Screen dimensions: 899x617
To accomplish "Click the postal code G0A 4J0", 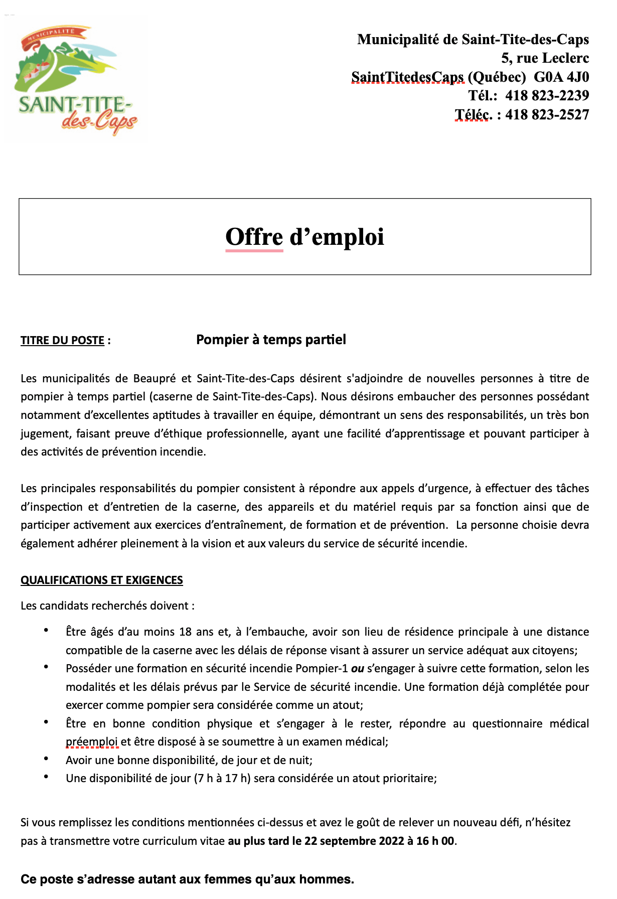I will click(x=561, y=77).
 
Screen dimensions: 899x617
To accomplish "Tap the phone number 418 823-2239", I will click(x=547, y=95).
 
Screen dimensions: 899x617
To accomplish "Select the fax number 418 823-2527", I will click(x=547, y=114).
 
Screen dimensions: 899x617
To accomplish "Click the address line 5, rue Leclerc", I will click(x=545, y=58).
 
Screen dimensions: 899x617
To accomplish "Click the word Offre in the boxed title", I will click(x=254, y=237).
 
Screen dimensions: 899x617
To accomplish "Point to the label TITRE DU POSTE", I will click(x=62, y=340).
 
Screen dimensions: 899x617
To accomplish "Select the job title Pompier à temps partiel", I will click(x=271, y=340).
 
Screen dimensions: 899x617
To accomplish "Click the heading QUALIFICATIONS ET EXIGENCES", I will click(x=101, y=580).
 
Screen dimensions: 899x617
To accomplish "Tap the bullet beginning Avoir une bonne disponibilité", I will click(x=189, y=760).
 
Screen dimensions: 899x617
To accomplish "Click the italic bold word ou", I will click(x=357, y=668).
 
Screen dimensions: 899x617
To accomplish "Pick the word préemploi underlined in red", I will click(x=92, y=741).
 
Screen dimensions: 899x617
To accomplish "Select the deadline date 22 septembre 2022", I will click(x=354, y=841).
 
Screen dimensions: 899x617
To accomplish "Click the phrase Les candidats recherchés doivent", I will click(x=104, y=606).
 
